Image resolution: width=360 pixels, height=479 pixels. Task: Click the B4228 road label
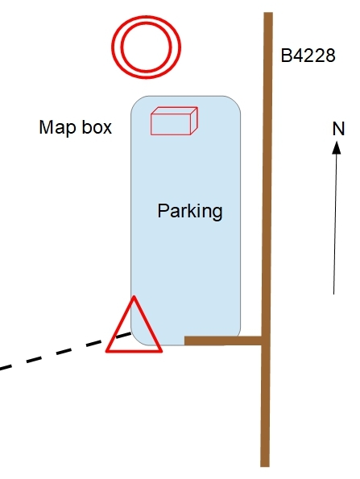pos(308,56)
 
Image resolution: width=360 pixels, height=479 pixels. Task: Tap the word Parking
pos(190,211)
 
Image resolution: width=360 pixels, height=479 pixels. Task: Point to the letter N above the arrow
pos(338,129)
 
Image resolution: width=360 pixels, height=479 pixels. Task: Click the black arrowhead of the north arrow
pos(337,147)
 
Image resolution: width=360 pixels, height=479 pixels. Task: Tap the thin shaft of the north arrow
pos(335,225)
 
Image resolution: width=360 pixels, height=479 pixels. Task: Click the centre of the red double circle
pos(146,47)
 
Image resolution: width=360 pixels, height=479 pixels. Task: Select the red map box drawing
pos(174,121)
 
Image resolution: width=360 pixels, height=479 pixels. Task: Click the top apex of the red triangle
pos(134,296)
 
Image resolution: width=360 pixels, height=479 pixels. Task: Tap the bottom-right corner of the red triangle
pos(161,351)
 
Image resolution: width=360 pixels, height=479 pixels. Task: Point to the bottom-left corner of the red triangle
pos(106,351)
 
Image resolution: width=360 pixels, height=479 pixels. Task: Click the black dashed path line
pos(65,351)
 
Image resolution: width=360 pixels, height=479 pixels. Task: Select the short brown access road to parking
pos(223,341)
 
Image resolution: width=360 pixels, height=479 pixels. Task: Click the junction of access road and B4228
pos(266,341)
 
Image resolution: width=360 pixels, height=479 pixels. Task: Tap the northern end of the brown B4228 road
pos(268,14)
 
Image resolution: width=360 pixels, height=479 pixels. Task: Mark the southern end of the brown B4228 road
pos(265,465)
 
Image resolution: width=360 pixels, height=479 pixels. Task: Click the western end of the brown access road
pos(185,341)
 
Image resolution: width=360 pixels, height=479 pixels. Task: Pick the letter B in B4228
pos(286,56)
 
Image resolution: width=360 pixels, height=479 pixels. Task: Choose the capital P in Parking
pos(163,210)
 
